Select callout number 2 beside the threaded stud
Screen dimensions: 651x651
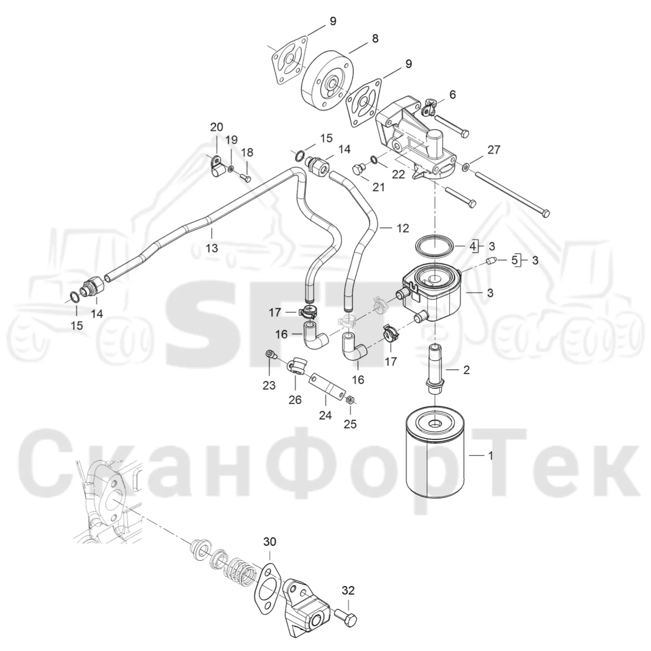click(x=466, y=370)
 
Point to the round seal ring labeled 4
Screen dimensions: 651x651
click(x=435, y=247)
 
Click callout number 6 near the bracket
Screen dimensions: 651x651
click(x=452, y=95)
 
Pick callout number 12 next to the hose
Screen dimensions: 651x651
click(x=402, y=228)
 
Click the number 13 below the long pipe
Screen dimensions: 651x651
click(x=212, y=248)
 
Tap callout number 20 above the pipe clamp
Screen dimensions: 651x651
click(x=217, y=127)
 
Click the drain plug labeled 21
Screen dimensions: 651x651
click(x=358, y=169)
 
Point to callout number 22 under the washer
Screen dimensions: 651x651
click(x=399, y=174)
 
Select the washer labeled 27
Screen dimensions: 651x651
click(x=465, y=166)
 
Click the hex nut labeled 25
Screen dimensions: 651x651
click(x=350, y=400)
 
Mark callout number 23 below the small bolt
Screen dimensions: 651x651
click(x=269, y=385)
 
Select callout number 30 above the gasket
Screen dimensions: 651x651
click(x=270, y=551)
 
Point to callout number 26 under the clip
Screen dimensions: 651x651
click(x=295, y=400)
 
